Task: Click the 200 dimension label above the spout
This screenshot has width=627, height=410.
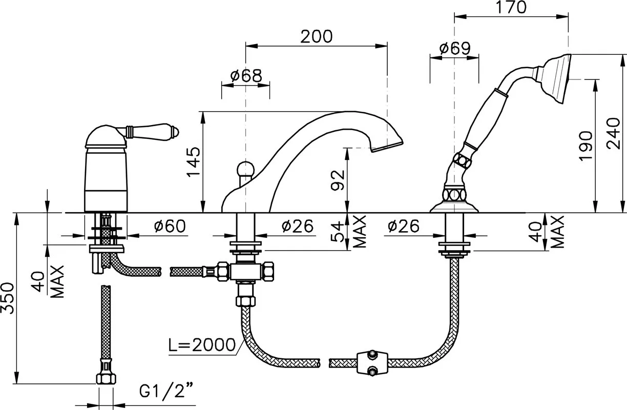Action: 317,36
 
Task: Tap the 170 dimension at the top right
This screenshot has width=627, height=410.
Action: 511,7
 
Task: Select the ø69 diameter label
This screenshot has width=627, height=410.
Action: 455,49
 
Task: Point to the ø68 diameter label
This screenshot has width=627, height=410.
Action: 246,76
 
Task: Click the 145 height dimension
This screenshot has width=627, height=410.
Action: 194,161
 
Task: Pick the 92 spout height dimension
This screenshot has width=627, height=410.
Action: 338,180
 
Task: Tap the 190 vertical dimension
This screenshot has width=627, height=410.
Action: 586,146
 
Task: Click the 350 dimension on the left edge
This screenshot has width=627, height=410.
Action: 7,298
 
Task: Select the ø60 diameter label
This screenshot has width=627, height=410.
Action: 170,225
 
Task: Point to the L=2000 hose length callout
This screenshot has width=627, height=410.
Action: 202,345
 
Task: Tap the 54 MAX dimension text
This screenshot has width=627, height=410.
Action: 349,231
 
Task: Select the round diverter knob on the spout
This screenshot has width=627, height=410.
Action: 246,170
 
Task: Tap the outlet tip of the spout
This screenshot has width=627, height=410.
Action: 388,148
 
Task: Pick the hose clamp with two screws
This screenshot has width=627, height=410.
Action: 372,363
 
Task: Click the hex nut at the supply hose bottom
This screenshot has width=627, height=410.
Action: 106,379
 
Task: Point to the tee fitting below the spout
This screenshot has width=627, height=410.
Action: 246,271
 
